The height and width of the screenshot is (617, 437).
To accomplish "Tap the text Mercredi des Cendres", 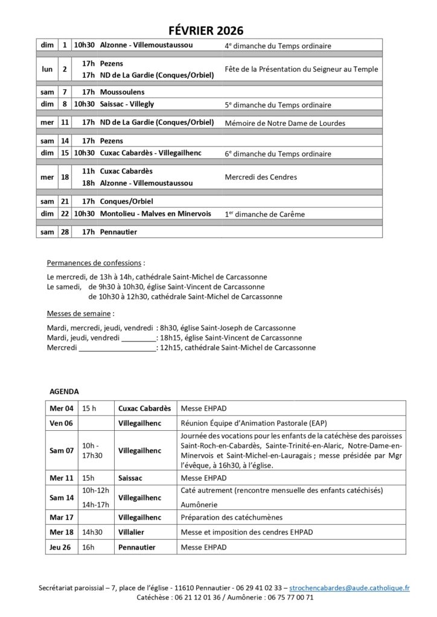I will pyautogui.click(x=260, y=177).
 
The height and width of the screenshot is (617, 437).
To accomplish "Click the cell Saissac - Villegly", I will pyautogui.click(x=127, y=104).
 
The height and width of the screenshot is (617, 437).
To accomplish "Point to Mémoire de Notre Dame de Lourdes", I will pyautogui.click(x=284, y=123).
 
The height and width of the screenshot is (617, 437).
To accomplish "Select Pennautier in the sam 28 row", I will pyautogui.click(x=120, y=232).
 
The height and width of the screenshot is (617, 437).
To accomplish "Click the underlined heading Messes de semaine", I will pyautogui.click(x=80, y=314).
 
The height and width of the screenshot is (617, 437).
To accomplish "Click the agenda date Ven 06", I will pyautogui.click(x=62, y=423).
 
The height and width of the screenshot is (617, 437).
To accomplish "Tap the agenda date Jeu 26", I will pyautogui.click(x=62, y=547).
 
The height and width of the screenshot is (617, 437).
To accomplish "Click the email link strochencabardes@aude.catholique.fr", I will pyautogui.click(x=349, y=587).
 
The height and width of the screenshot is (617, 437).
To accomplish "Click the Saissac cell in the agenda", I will pyautogui.click(x=132, y=477).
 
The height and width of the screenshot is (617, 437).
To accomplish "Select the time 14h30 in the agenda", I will pyautogui.click(x=93, y=532).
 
